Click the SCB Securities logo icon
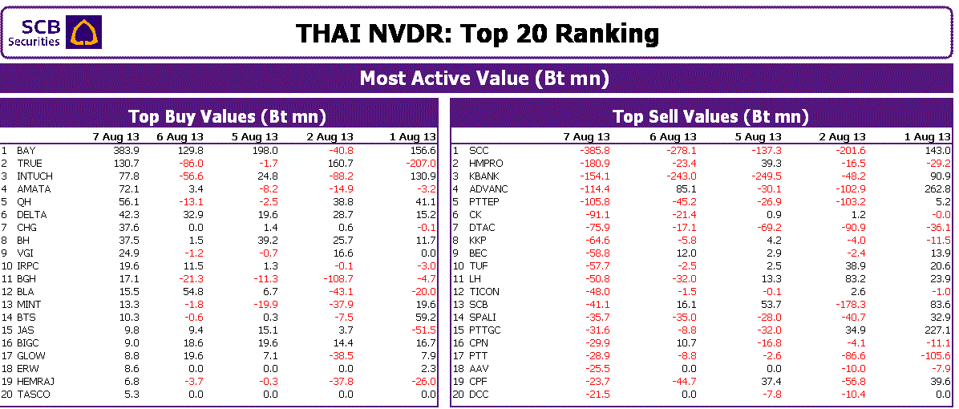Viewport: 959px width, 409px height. click(x=84, y=32)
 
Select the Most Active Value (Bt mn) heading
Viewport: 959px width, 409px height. click(x=484, y=79)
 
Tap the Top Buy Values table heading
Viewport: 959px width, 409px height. click(x=227, y=116)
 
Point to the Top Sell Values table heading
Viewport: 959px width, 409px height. click(x=710, y=116)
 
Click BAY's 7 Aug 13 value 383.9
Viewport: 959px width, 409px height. click(x=126, y=151)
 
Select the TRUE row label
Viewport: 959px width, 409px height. click(x=30, y=164)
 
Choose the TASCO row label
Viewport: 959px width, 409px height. click(x=34, y=395)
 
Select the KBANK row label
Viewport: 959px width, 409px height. click(x=484, y=176)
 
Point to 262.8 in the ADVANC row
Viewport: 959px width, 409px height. click(x=937, y=189)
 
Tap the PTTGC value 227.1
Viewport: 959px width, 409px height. click(x=937, y=330)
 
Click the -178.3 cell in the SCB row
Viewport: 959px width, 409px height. click(x=851, y=305)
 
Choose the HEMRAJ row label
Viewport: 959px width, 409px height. click(x=36, y=382)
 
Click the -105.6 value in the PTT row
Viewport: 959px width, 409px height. click(x=936, y=356)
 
